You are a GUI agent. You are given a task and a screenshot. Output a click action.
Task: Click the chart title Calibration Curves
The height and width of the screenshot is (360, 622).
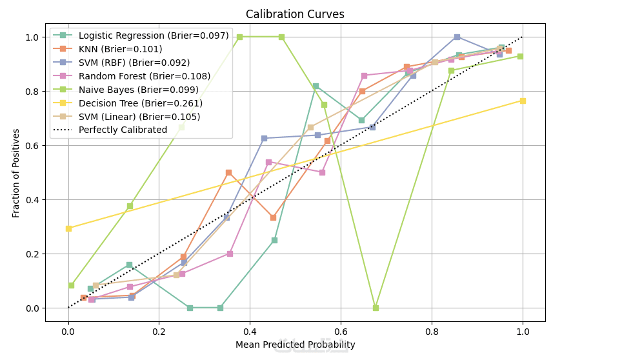[295, 14]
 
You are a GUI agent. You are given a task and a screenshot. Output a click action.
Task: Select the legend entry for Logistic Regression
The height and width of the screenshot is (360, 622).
[154, 35]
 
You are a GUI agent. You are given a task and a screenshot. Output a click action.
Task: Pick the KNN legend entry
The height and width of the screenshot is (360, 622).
[120, 49]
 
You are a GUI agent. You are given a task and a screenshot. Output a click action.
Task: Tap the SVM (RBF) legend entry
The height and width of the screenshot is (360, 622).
[134, 63]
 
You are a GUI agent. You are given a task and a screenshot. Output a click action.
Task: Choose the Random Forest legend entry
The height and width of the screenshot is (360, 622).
[145, 76]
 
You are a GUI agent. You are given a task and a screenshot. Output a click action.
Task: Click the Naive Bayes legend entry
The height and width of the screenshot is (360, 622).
[138, 90]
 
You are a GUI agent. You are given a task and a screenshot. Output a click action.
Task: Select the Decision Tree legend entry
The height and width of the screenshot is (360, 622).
[140, 103]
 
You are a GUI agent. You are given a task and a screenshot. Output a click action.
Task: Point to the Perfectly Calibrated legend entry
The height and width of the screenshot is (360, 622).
[123, 130]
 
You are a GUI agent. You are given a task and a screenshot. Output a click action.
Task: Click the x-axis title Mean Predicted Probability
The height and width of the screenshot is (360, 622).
[295, 345]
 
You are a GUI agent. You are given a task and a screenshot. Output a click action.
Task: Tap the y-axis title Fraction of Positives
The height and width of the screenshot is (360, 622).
[16, 173]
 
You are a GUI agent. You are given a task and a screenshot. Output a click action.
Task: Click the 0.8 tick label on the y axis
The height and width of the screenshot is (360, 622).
[32, 92]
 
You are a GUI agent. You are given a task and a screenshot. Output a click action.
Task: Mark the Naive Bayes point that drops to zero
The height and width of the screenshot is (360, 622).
[376, 308]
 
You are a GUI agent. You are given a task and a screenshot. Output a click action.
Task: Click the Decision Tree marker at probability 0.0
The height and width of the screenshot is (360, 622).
[68, 228]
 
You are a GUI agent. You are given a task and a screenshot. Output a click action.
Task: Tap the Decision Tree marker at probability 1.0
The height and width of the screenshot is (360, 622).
[522, 101]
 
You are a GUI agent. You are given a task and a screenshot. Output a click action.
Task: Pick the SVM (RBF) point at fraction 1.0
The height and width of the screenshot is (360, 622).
[457, 37]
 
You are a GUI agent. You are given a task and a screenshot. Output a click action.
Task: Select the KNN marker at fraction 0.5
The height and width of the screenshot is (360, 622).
[228, 173]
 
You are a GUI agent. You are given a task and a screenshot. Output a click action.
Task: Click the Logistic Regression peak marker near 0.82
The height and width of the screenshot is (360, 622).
[316, 86]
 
